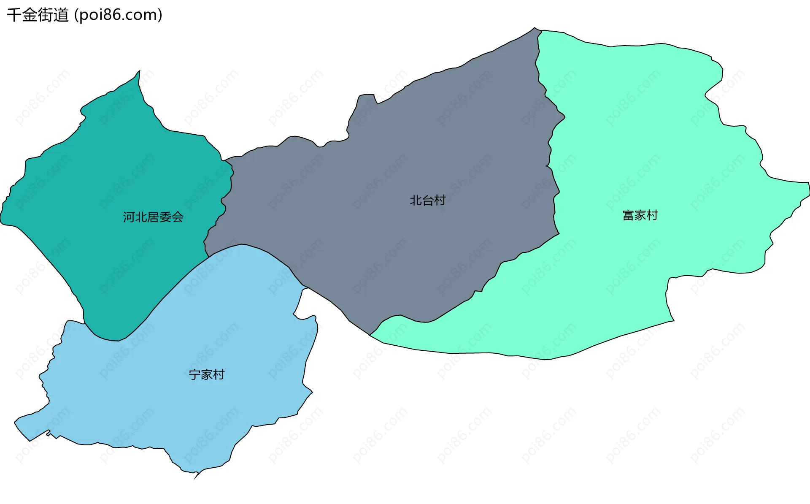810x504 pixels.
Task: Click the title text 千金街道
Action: (x=38, y=15)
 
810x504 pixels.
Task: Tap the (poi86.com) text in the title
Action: (x=118, y=15)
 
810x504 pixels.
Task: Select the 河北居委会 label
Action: (x=153, y=217)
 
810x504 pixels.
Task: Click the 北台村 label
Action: (x=428, y=200)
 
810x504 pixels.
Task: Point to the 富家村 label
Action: (x=640, y=215)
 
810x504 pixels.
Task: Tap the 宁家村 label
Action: (x=206, y=374)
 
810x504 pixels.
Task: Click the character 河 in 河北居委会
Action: (x=129, y=217)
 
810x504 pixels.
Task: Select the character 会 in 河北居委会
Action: (x=178, y=217)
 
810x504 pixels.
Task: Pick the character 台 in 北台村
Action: (x=428, y=200)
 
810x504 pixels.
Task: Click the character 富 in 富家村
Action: (x=628, y=215)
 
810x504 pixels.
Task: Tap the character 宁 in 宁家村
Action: (x=194, y=374)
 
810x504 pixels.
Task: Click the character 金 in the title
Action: (x=30, y=15)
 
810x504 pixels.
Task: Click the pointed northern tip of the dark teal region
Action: (x=140, y=71)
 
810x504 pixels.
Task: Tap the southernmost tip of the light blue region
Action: (x=194, y=479)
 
